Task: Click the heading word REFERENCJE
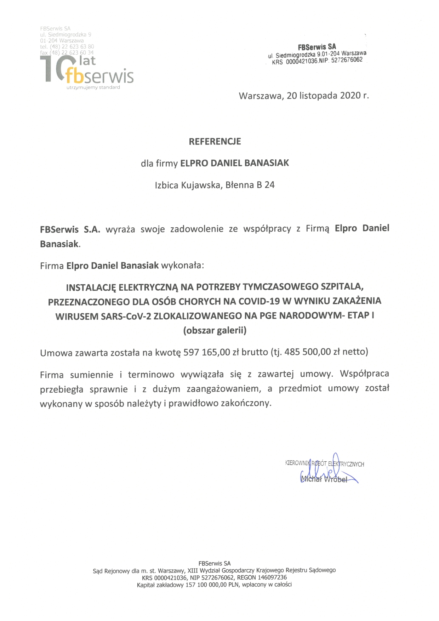click(215, 142)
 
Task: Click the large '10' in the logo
click(53, 69)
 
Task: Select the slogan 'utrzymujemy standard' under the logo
click(93, 87)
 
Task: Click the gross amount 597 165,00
click(207, 352)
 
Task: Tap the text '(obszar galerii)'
click(215, 330)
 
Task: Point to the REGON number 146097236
click(272, 577)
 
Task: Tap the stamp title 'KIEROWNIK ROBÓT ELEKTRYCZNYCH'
click(324, 464)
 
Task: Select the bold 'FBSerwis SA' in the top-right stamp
click(317, 47)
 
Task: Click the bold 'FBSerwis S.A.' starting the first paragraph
click(70, 229)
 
